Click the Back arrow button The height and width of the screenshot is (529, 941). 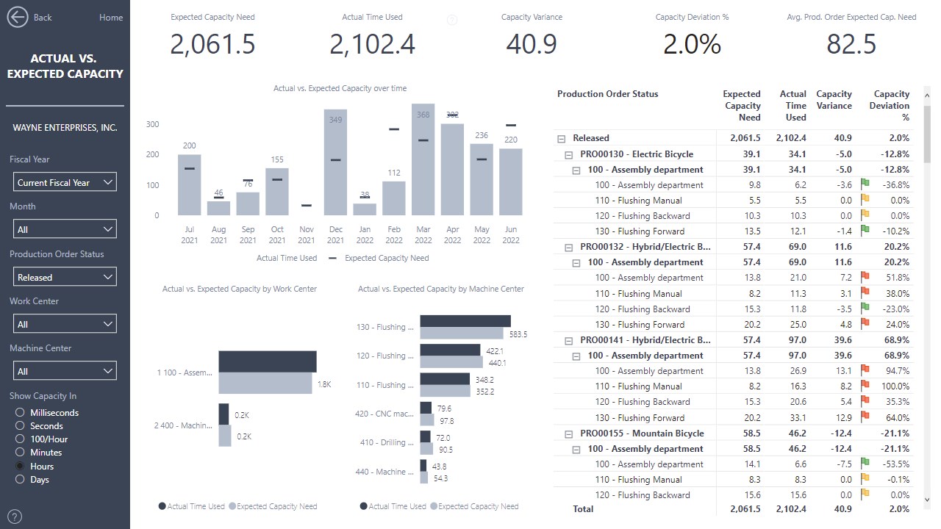pos(17,17)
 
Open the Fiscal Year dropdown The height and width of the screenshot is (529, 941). pos(65,182)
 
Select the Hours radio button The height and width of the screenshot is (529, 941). pos(20,467)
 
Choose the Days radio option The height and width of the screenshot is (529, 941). pos(20,480)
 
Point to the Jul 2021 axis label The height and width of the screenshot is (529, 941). pos(189,234)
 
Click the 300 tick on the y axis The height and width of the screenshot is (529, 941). pos(152,125)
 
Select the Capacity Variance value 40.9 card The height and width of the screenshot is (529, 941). pos(532,44)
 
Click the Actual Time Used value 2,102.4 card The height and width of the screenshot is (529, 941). pos(372,44)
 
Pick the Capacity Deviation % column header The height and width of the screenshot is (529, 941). pos(891,105)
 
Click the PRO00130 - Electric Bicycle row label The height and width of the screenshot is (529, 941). pos(636,154)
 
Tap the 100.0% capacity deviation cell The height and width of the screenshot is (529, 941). pos(895,386)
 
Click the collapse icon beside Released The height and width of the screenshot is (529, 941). pos(562,138)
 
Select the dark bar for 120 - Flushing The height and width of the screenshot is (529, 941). pos(450,350)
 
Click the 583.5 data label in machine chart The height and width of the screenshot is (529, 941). pos(518,334)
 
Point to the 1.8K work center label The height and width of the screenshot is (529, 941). pos(324,384)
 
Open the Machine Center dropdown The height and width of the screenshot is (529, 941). pos(65,371)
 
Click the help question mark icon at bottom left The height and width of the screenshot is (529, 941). pos(14,517)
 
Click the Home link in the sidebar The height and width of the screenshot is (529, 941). pos(111,18)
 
